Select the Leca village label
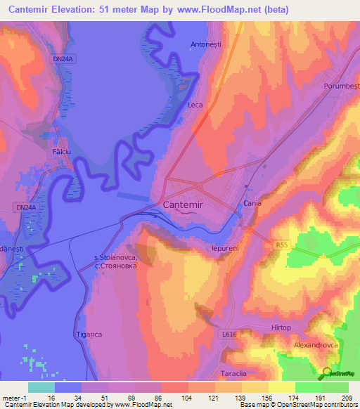195,105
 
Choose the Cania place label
252,203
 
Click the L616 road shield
229,336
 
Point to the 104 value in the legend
188,398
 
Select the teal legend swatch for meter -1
41,387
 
